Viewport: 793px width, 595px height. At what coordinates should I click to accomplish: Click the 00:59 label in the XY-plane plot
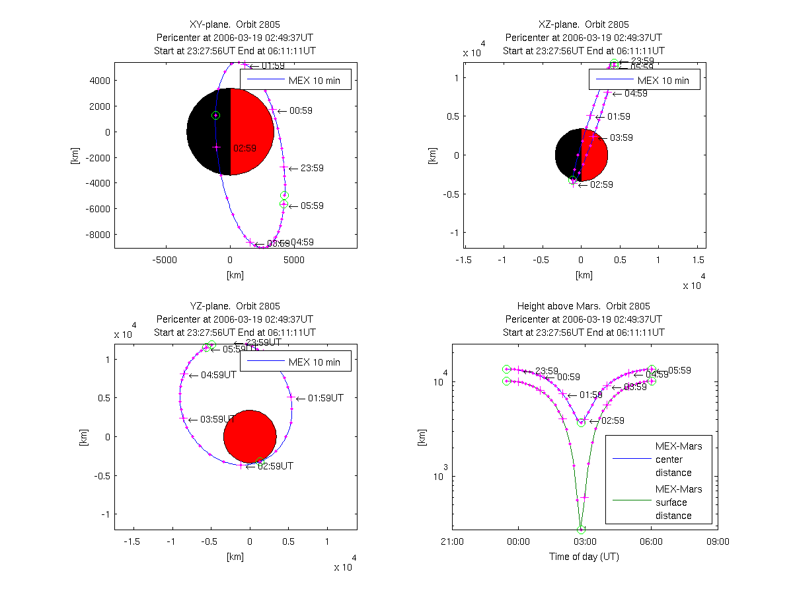click(301, 111)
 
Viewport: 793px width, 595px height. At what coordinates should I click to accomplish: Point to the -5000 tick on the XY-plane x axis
click(165, 260)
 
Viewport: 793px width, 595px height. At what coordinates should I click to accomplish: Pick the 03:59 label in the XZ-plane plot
click(621, 138)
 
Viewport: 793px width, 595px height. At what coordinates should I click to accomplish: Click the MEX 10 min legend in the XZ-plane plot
click(644, 81)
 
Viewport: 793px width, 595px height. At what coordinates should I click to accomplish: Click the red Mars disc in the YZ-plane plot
click(250, 436)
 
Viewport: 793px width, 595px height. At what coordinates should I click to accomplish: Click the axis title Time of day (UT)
click(584, 557)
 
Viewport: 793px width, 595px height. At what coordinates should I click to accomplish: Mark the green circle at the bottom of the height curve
click(582, 530)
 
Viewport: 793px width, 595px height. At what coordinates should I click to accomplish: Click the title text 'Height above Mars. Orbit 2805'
click(584, 306)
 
